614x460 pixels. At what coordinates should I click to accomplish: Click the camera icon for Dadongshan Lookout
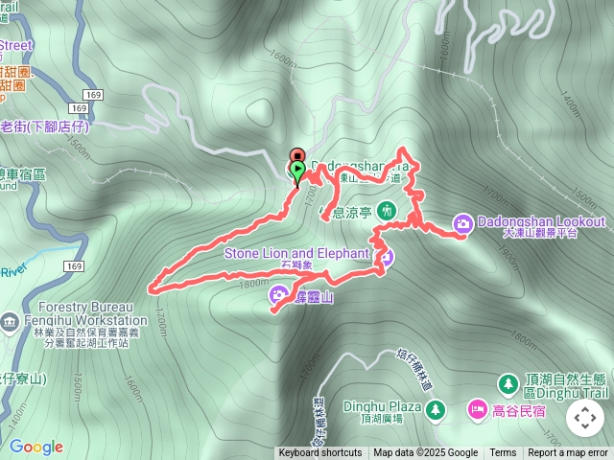(x=462, y=222)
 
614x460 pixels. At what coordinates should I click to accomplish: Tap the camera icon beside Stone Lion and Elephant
(x=385, y=255)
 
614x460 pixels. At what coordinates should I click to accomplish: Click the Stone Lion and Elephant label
(x=296, y=253)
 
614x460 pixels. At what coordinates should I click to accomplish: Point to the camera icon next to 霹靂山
(x=277, y=294)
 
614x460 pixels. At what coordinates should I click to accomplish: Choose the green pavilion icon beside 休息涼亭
(x=387, y=210)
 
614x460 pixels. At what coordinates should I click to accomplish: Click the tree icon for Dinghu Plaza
(x=437, y=410)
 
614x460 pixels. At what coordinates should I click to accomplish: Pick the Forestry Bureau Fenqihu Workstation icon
(x=10, y=320)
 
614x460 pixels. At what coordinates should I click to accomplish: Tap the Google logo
(x=35, y=447)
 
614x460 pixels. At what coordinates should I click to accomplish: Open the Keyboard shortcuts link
(x=320, y=453)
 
